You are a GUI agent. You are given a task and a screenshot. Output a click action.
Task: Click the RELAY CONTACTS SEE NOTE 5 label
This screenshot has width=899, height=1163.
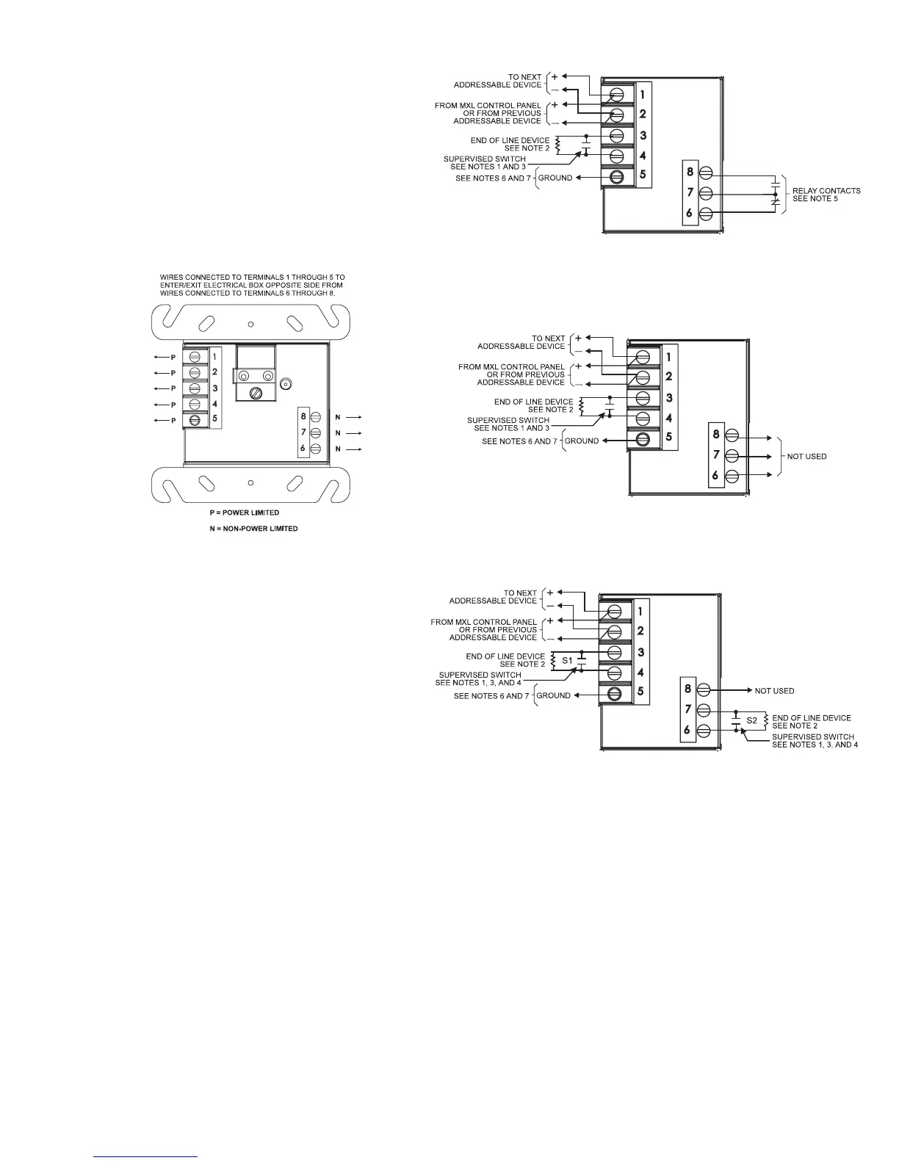(x=826, y=195)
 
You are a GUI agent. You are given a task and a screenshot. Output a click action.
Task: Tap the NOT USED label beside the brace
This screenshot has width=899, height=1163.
(x=806, y=457)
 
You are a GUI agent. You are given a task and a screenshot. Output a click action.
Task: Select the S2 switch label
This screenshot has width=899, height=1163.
(x=751, y=721)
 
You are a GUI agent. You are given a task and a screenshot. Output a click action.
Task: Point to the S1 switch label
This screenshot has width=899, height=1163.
(x=567, y=661)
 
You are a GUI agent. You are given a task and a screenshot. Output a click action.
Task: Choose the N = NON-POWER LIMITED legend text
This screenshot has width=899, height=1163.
(x=253, y=529)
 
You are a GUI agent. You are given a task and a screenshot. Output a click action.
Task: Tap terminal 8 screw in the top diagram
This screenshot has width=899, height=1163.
(x=705, y=173)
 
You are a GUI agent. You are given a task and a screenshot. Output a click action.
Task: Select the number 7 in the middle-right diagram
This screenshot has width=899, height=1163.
(x=716, y=456)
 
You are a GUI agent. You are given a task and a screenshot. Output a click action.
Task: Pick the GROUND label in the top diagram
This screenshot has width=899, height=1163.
(x=555, y=178)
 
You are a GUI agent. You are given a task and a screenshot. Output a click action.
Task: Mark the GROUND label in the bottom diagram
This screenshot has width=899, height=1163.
(x=553, y=695)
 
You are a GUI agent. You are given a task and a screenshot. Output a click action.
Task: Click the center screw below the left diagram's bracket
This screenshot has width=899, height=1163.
(x=256, y=393)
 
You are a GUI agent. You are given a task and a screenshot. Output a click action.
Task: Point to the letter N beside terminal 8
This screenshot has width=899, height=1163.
(x=338, y=417)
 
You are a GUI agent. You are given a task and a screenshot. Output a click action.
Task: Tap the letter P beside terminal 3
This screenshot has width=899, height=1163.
(x=173, y=388)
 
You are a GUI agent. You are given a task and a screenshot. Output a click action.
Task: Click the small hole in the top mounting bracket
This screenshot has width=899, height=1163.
(x=250, y=323)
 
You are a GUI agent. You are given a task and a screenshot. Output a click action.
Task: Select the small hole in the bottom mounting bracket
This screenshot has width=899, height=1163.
(x=250, y=482)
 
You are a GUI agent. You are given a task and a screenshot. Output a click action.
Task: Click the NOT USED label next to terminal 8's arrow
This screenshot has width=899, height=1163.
(x=774, y=691)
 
